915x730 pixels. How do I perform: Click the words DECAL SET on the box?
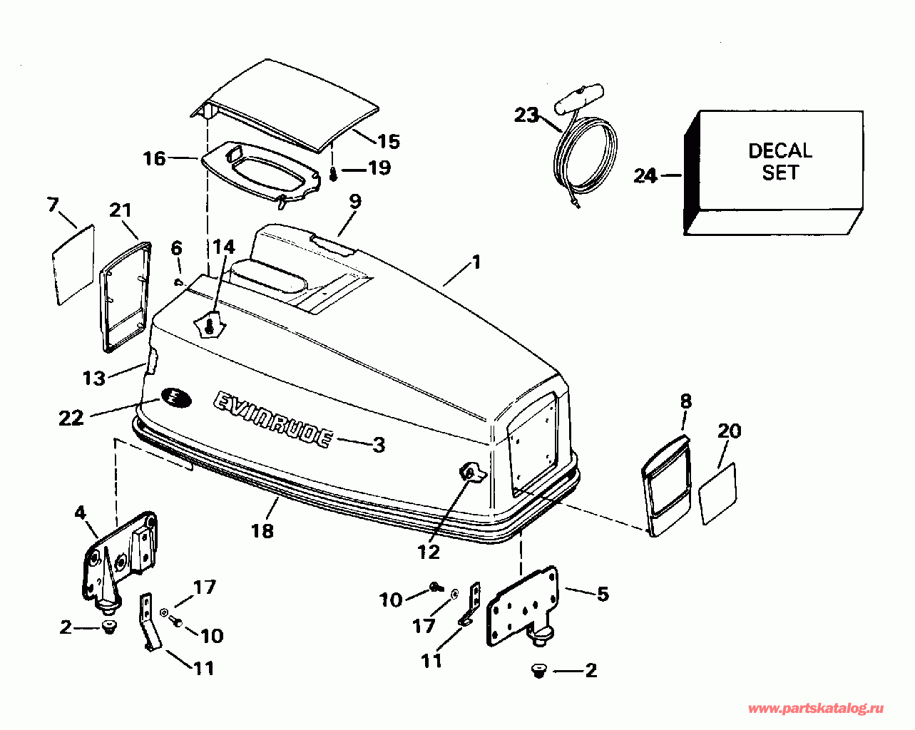[779, 162]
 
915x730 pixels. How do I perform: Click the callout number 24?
[645, 175]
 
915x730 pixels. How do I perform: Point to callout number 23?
[527, 114]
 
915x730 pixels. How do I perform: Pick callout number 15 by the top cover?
[389, 141]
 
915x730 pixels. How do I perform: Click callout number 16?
[154, 158]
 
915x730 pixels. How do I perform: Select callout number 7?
[53, 205]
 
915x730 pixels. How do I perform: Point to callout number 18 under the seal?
[262, 530]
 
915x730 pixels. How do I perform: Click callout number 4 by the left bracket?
[80, 513]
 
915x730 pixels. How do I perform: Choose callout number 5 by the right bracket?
[603, 593]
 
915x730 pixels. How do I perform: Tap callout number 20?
[729, 431]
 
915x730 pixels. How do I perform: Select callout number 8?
[685, 401]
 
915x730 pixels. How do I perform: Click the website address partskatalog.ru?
[816, 709]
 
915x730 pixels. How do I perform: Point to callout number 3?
[379, 445]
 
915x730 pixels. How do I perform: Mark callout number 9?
[354, 202]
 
